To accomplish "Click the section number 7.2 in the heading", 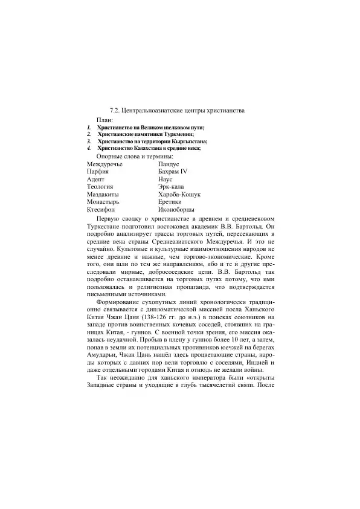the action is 114,111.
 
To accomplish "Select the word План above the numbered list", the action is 105,120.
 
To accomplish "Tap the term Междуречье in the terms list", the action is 104,164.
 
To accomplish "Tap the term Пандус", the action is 169,164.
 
